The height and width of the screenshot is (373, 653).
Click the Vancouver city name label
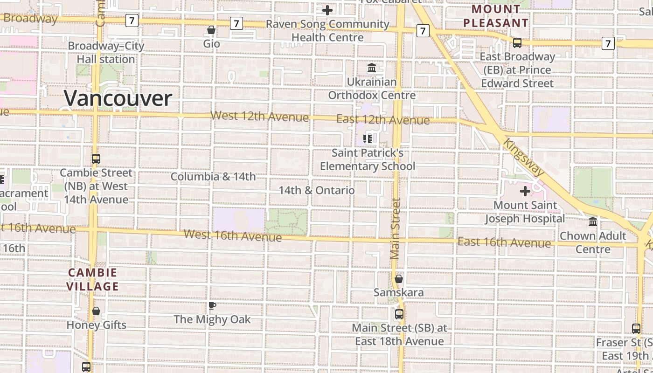pyautogui.click(x=118, y=98)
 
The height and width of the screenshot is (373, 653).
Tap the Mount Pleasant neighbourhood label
pyautogui.click(x=496, y=16)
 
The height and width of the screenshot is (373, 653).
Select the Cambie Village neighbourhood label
pyautogui.click(x=92, y=279)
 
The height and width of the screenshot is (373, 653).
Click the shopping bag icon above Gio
pyautogui.click(x=211, y=30)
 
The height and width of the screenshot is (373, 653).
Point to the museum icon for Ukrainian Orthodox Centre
pyautogui.click(x=372, y=68)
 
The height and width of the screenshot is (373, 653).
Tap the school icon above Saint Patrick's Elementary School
pyautogui.click(x=368, y=138)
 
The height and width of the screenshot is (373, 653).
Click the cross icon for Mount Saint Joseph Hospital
pyautogui.click(x=525, y=191)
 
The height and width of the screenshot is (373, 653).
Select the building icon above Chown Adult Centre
pyautogui.click(x=593, y=221)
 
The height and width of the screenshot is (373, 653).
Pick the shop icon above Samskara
pyautogui.click(x=399, y=279)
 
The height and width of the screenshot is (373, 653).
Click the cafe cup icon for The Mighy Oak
pyautogui.click(x=212, y=306)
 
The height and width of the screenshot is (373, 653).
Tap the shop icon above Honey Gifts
pyautogui.click(x=96, y=311)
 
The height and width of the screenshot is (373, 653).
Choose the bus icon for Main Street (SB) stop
pyautogui.click(x=399, y=314)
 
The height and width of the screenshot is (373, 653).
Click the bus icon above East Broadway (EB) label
pyautogui.click(x=517, y=43)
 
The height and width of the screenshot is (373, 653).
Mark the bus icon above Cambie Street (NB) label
pyautogui.click(x=96, y=159)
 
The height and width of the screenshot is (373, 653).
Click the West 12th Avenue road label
pyautogui.click(x=259, y=116)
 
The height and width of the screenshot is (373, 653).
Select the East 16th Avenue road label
pyautogui.click(x=504, y=242)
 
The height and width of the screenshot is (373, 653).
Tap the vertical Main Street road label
pyautogui.click(x=396, y=228)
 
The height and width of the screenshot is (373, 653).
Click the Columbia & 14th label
pyautogui.click(x=213, y=177)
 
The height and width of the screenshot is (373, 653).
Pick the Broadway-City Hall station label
pyautogui.click(x=106, y=53)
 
